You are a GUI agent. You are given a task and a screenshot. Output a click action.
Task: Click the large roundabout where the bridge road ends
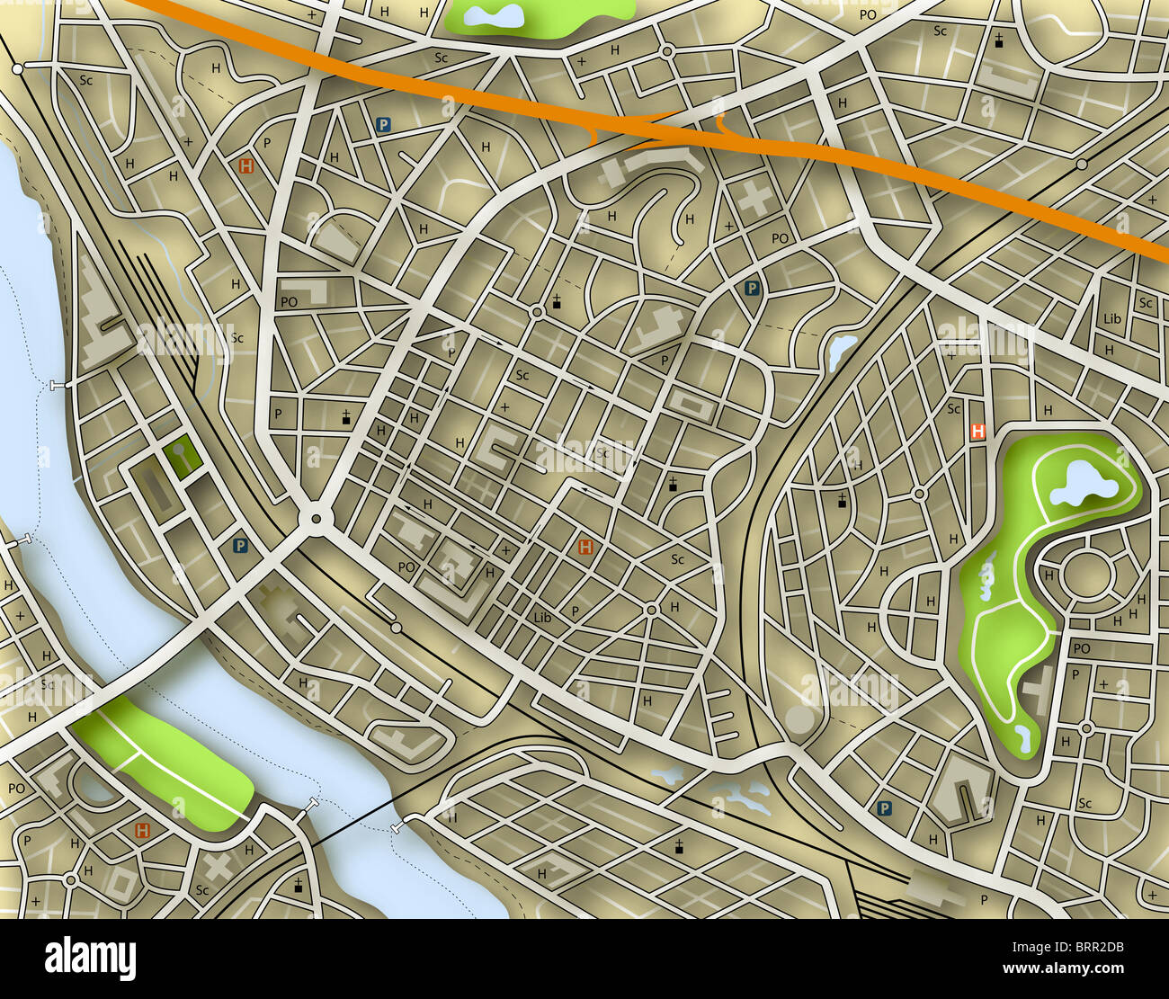[316, 519]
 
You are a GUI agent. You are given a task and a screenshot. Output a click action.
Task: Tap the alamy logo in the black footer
[90, 959]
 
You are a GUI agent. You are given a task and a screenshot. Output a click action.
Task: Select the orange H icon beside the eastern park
[977, 432]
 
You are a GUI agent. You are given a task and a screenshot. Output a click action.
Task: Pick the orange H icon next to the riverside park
[142, 830]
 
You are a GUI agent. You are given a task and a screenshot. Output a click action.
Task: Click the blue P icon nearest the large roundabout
[240, 545]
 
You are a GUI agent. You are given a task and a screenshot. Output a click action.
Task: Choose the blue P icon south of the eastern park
[885, 808]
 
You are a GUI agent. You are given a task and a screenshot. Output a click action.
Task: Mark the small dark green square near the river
[183, 456]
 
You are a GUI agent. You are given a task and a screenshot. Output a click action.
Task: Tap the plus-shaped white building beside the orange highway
[754, 198]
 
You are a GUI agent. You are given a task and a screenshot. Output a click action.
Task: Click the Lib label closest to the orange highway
[1111, 318]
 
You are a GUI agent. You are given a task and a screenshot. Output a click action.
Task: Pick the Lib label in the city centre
[541, 618]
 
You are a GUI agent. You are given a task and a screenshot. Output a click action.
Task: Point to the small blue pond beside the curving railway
[843, 349]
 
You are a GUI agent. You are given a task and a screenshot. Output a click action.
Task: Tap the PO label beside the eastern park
[1081, 648]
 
